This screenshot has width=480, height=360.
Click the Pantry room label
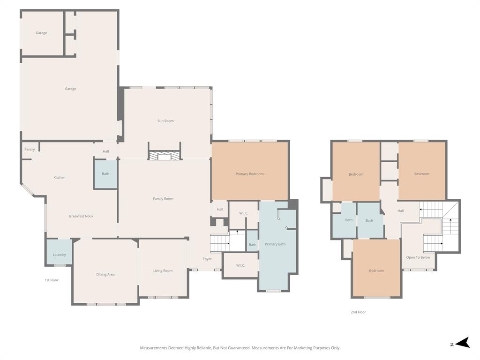pyautogui.click(x=30, y=150)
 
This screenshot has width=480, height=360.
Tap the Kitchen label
pyautogui.click(x=60, y=178)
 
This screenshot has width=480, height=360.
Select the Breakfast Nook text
pyautogui.click(x=81, y=216)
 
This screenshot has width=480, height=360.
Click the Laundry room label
pyautogui.click(x=59, y=255)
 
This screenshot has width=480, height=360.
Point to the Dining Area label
pyautogui.click(x=105, y=274)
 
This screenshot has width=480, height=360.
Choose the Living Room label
pyautogui.click(x=163, y=270)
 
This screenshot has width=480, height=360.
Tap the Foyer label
pyautogui.click(x=207, y=259)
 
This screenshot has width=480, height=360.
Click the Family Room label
pyautogui.click(x=163, y=199)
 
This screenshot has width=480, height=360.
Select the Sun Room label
pyautogui.click(x=165, y=121)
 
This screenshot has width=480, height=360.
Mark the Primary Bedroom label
pyautogui.click(x=249, y=174)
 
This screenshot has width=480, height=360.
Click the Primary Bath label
pyautogui.click(x=275, y=244)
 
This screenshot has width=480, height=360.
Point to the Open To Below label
pyautogui.click(x=418, y=257)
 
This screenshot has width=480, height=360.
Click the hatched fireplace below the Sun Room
pyautogui.click(x=165, y=157)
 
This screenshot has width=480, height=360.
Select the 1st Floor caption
pyautogui.click(x=52, y=280)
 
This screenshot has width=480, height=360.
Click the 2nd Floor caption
pyautogui.click(x=358, y=312)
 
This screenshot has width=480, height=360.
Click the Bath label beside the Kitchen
pyautogui.click(x=105, y=174)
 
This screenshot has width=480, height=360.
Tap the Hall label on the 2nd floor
pyautogui.click(x=400, y=211)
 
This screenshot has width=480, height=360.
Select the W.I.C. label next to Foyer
pyautogui.click(x=240, y=265)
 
